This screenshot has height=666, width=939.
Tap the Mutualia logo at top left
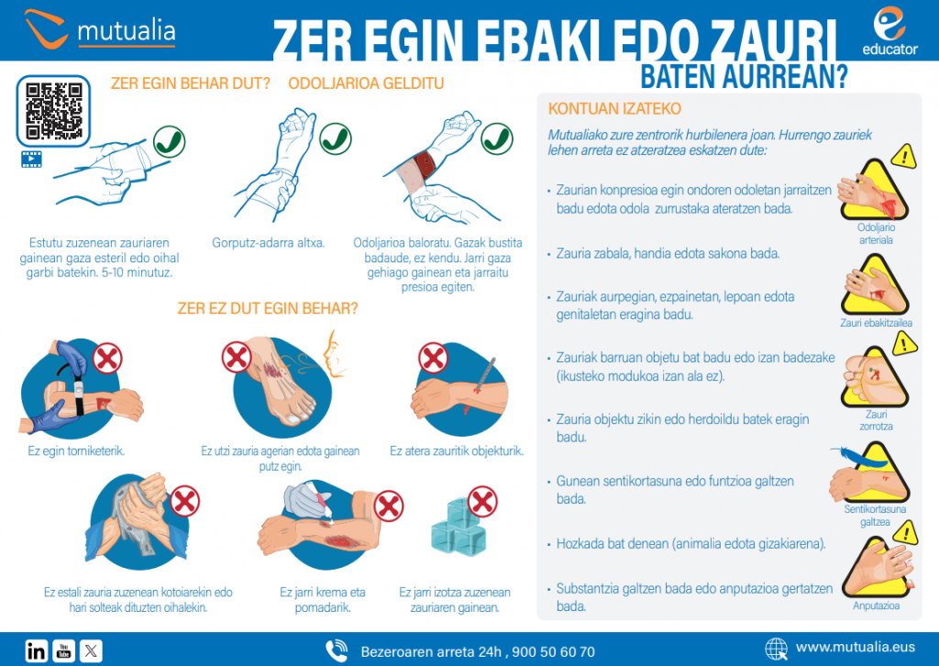pyautogui.click(x=100, y=30)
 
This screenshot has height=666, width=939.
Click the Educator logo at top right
pyautogui.click(x=889, y=30)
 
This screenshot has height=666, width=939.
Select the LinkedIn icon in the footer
pyautogui.click(x=37, y=650)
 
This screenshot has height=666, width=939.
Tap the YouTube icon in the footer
pyautogui.click(x=64, y=650)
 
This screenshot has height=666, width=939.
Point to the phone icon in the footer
pyautogui.click(x=337, y=650)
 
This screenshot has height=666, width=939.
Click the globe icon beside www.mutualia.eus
pyautogui.click(x=776, y=649)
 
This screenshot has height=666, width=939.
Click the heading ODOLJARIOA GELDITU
pyautogui.click(x=366, y=83)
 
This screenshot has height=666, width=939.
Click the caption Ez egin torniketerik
pyautogui.click(x=76, y=450)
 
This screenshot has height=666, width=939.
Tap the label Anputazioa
pyautogui.click(x=875, y=605)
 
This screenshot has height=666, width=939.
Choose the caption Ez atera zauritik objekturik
pyautogui.click(x=456, y=450)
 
